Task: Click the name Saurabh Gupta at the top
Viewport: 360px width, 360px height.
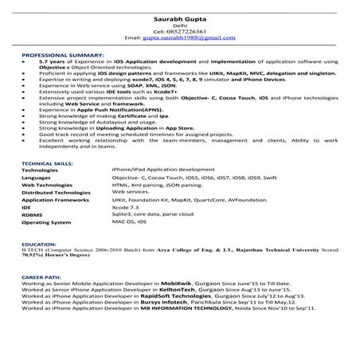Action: [179, 18]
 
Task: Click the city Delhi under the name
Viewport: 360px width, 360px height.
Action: [179, 25]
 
